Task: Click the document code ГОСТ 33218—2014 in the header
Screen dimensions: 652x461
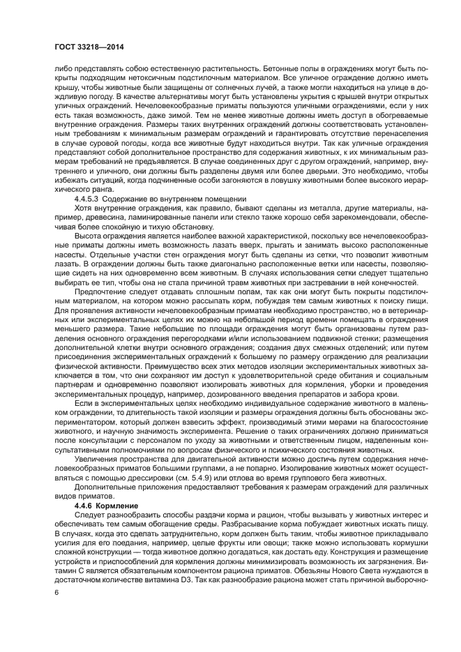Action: pos(85,47)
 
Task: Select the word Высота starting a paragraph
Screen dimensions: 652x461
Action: pos(89,236)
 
